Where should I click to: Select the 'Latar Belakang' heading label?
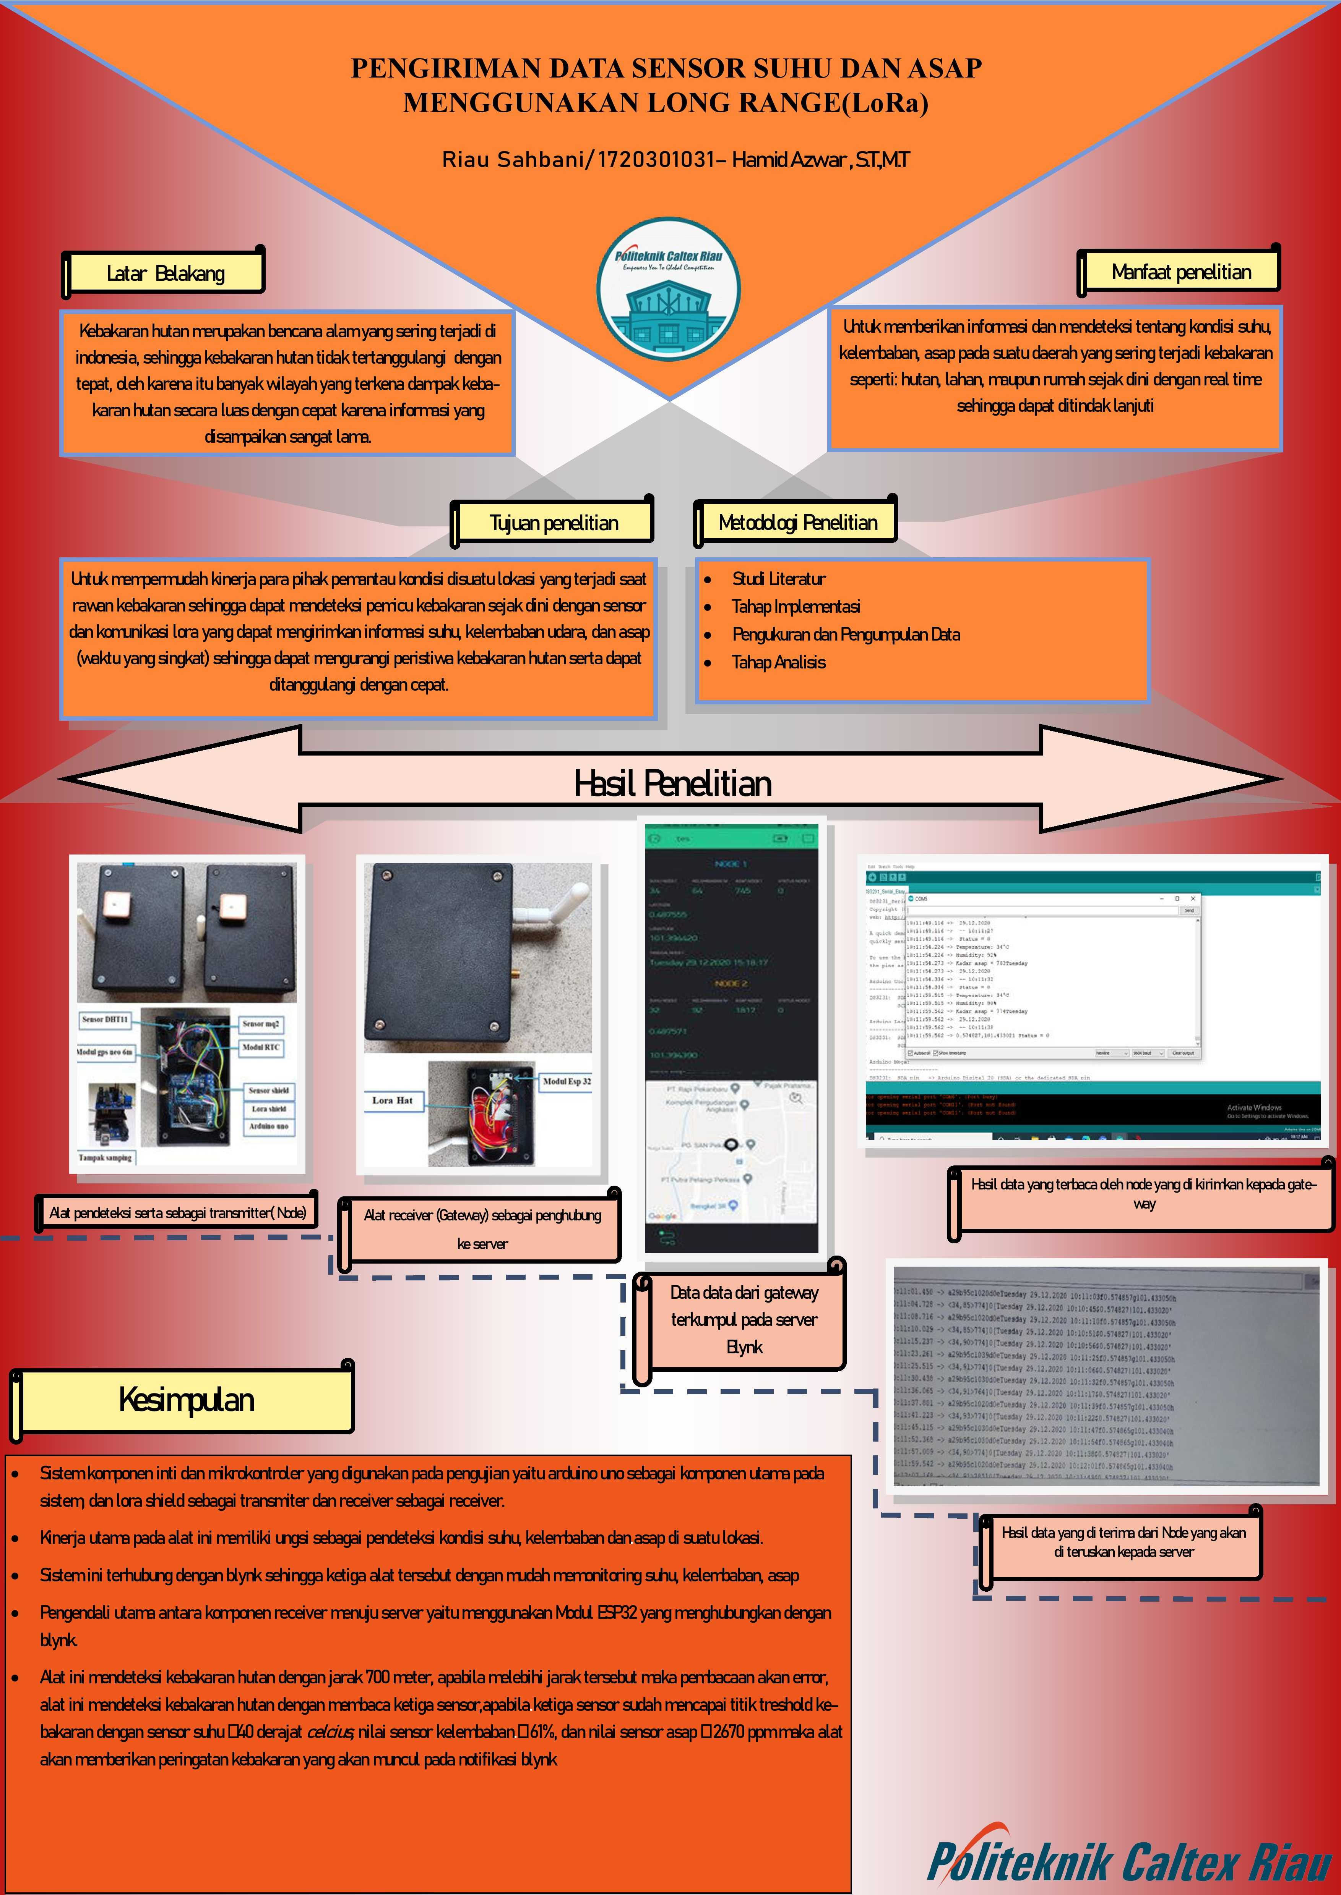tap(165, 273)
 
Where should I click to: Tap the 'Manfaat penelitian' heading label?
tap(1181, 272)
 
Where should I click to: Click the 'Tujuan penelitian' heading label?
tap(553, 523)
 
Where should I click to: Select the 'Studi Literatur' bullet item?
tap(778, 579)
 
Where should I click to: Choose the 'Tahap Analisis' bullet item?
tap(778, 662)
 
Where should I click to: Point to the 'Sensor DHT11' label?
tap(105, 1019)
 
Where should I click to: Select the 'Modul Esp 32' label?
tap(567, 1080)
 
